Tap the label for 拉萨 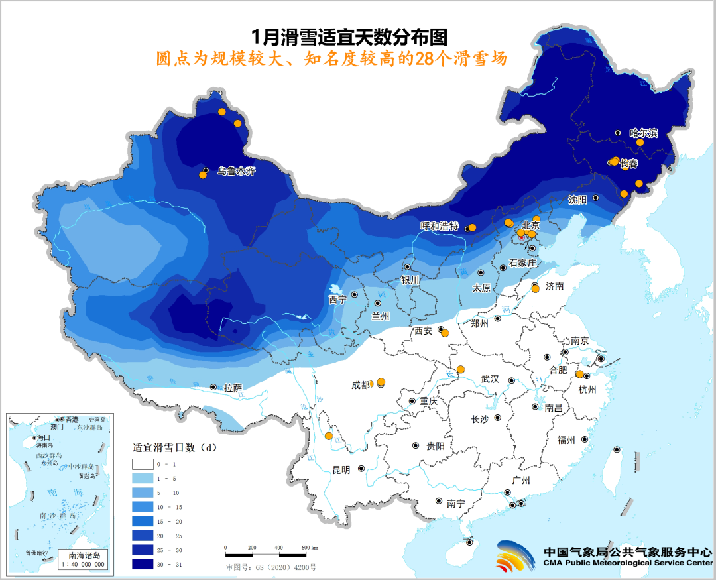[x=233, y=387]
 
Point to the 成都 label [x=361, y=385]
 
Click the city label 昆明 [x=341, y=469]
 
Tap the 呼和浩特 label [x=440, y=226]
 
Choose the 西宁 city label [x=337, y=300]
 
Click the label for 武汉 [x=490, y=379]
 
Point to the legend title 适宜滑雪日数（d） [x=175, y=447]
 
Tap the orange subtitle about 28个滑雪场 [x=331, y=58]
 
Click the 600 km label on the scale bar [x=309, y=548]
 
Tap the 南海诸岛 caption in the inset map [x=84, y=555]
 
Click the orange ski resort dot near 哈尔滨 [x=640, y=143]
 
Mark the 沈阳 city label [x=578, y=199]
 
